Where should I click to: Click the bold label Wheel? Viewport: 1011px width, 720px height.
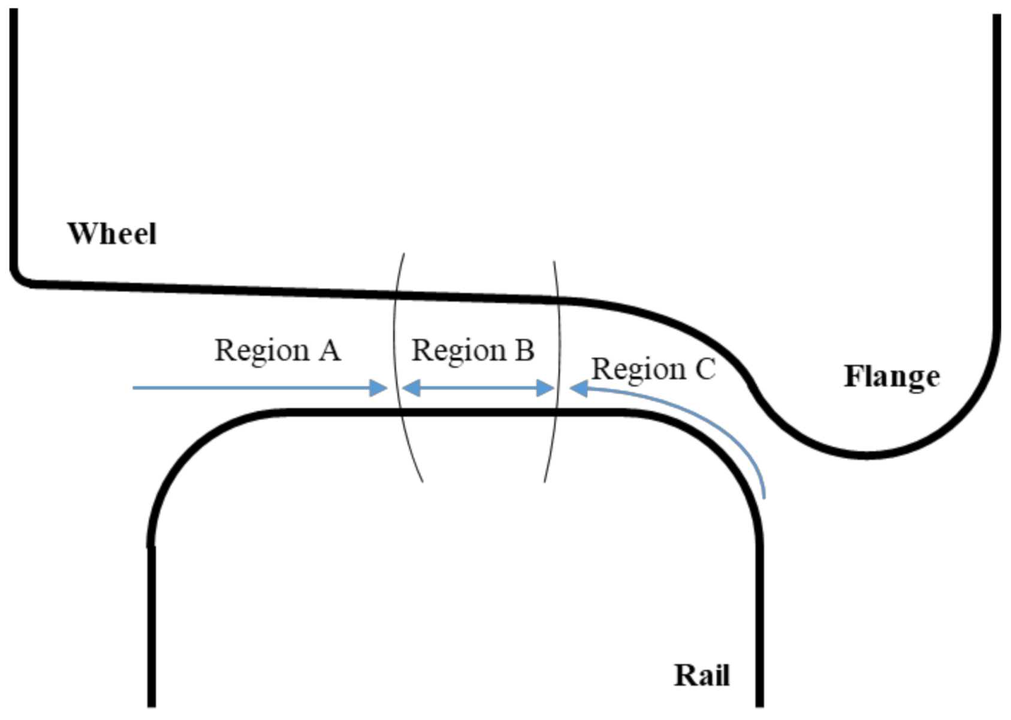tap(112, 233)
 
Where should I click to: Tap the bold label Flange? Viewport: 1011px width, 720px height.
tap(892, 376)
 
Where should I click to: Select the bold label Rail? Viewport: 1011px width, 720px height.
tap(702, 676)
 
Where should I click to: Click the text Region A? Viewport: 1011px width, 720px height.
tap(277, 350)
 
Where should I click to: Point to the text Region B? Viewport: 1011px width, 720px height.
tap(473, 350)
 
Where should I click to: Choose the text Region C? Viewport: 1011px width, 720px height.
tap(653, 369)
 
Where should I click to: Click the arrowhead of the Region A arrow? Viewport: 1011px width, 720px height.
tap(379, 388)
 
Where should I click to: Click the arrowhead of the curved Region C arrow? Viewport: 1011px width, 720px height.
tap(578, 388)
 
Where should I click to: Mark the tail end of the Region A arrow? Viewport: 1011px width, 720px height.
tap(134, 388)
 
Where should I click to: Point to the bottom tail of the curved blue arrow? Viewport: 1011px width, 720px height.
tap(764, 496)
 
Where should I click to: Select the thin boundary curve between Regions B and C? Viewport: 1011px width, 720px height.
tap(559, 360)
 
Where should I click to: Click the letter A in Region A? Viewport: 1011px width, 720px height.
tap(329, 350)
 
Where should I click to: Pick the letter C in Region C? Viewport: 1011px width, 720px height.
tap(705, 369)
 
